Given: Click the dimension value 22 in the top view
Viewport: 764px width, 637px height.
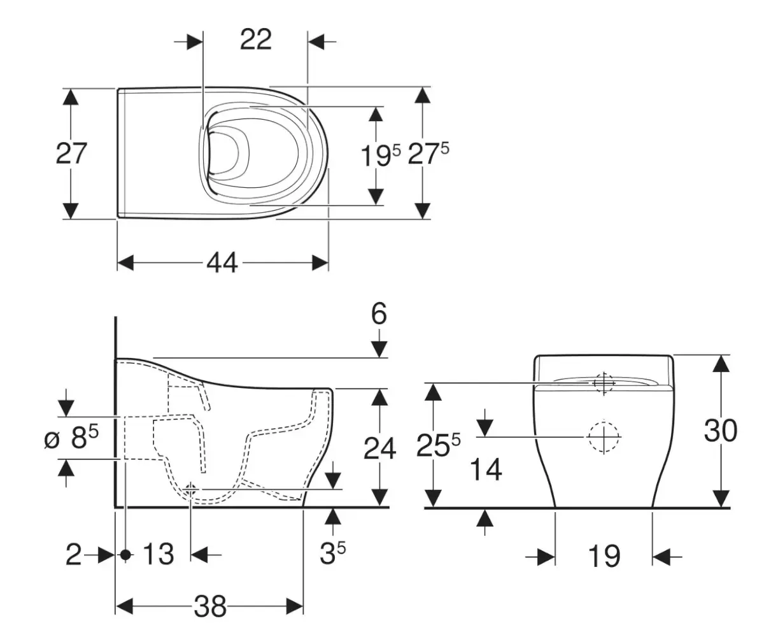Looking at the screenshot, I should (x=255, y=40).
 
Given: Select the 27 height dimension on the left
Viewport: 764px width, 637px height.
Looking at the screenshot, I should (x=71, y=154).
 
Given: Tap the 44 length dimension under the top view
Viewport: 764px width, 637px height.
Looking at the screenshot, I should (x=222, y=262).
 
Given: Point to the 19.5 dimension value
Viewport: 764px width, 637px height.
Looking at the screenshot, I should (x=381, y=155).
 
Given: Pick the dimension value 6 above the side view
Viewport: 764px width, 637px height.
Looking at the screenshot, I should (x=379, y=314).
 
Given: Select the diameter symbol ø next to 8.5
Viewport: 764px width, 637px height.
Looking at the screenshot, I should (x=52, y=439).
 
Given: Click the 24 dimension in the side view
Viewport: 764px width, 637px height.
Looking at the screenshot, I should (x=379, y=448).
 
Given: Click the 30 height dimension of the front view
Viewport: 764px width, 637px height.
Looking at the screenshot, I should (x=720, y=431).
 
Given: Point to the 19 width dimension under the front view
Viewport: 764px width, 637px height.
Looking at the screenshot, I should (x=603, y=556).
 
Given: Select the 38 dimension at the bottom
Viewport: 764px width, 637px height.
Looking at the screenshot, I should (x=209, y=607).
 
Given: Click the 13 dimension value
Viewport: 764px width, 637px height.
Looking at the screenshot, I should (x=157, y=554).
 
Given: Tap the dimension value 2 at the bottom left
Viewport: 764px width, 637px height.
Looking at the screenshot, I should (x=74, y=555).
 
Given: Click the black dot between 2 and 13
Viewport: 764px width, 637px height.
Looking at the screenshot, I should (x=125, y=555).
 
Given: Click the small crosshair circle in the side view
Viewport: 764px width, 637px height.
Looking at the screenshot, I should (x=191, y=489).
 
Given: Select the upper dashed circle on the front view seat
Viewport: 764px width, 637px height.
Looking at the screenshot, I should (x=602, y=382).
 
